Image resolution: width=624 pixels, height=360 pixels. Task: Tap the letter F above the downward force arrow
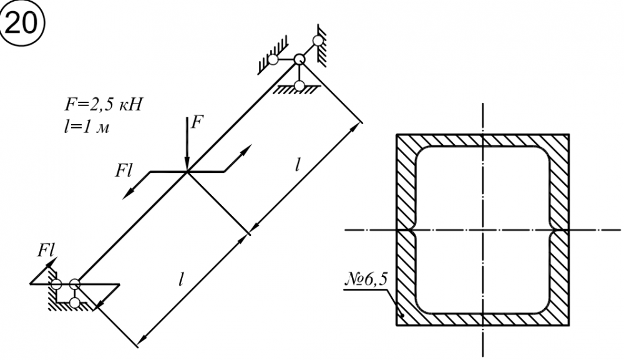click(197, 122)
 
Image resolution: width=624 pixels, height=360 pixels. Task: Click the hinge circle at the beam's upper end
click(300, 59)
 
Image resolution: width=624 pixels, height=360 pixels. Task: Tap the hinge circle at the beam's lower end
click(75, 285)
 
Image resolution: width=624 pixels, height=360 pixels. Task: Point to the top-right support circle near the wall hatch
click(318, 41)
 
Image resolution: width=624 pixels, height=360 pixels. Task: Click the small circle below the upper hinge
click(300, 84)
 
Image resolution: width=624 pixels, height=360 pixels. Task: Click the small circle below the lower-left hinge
click(76, 303)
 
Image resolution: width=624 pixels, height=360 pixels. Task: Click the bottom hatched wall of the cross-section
click(482, 318)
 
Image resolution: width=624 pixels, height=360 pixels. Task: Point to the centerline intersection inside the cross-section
click(482, 230)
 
